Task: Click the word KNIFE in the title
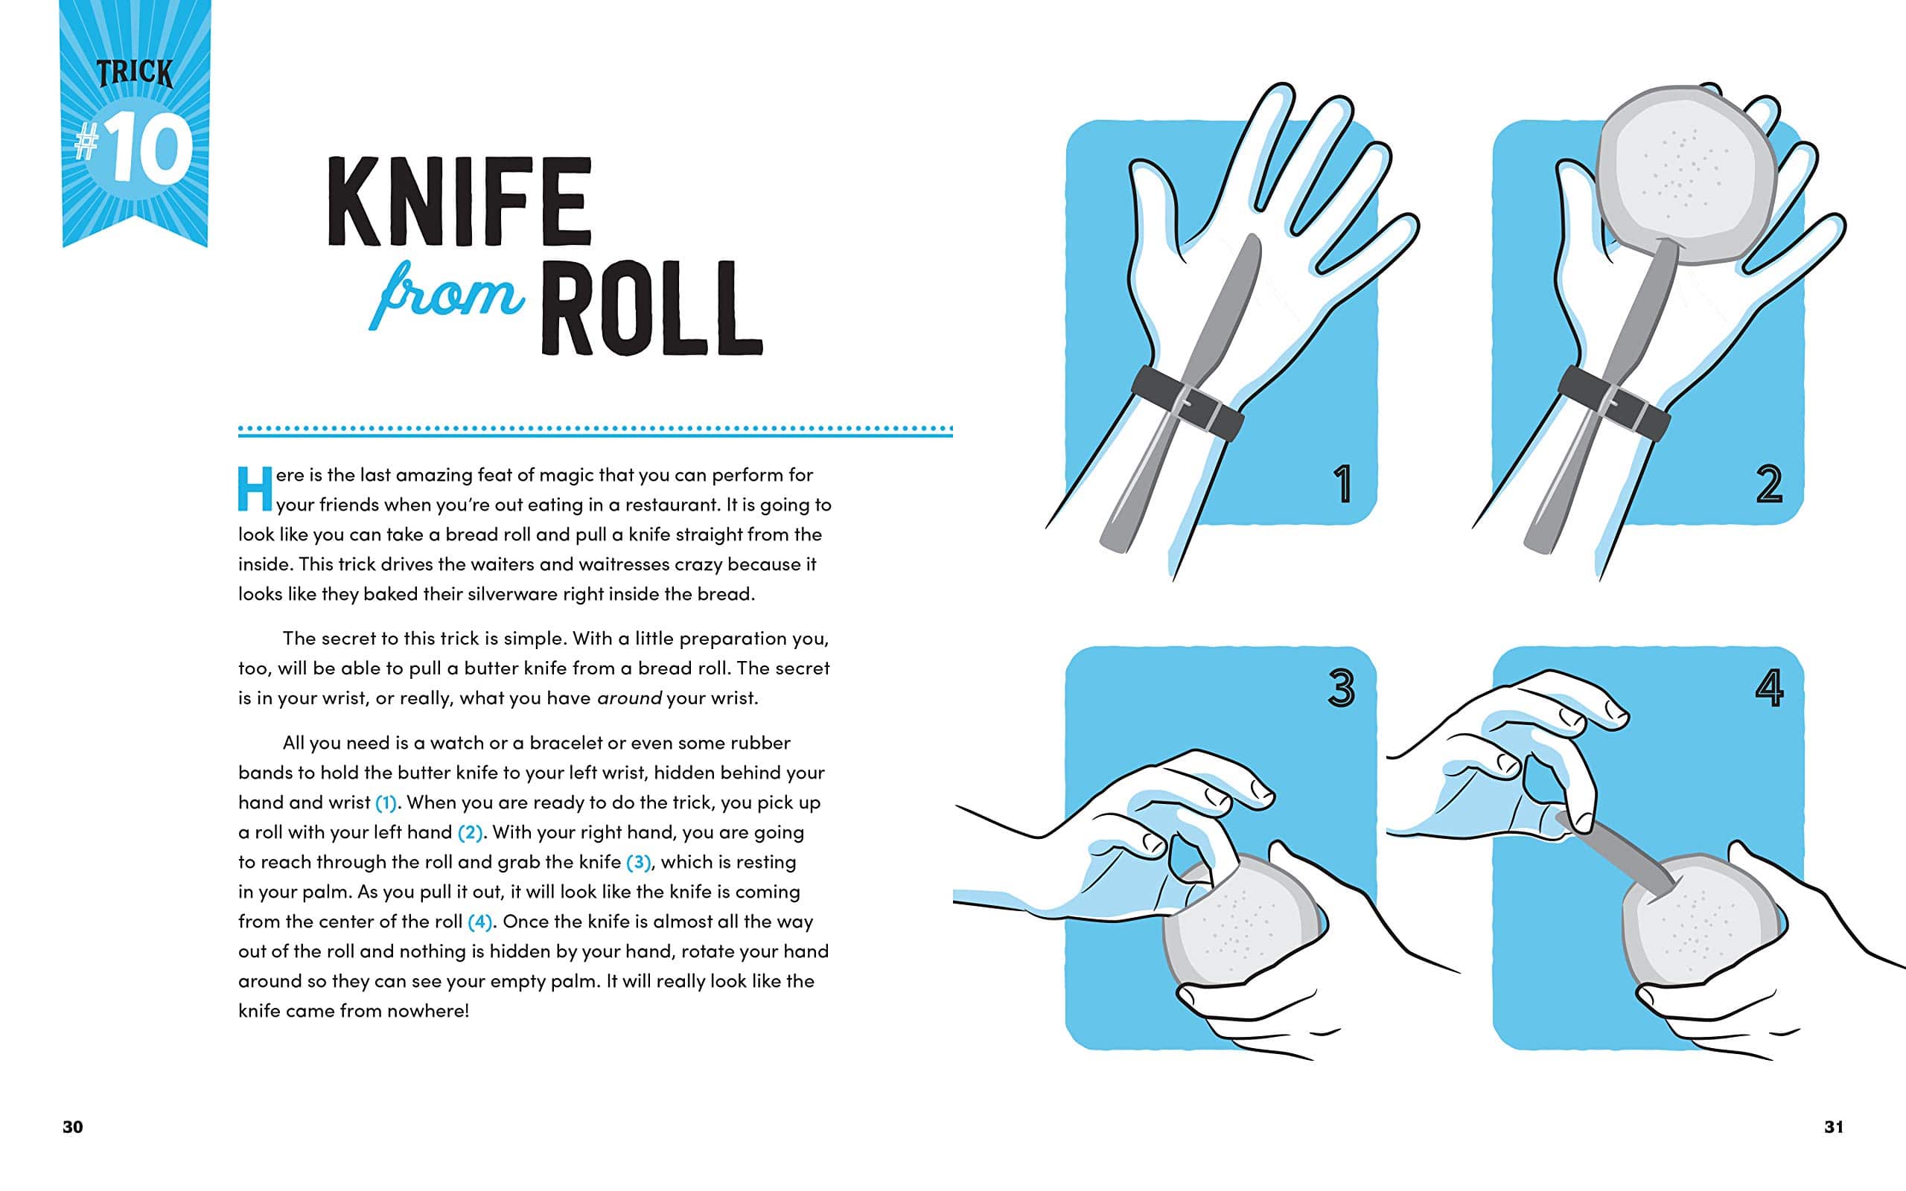(459, 202)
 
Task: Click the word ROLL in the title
(651, 308)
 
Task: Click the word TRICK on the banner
(135, 73)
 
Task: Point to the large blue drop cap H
(255, 488)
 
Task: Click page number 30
(72, 1127)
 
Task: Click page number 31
(1834, 1127)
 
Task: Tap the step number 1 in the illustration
(1343, 484)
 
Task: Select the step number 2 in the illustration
(1769, 484)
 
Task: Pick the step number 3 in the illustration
(1342, 688)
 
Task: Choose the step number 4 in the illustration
(1769, 688)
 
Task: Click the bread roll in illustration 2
(1686, 175)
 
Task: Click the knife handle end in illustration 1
(1112, 540)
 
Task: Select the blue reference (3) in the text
(638, 863)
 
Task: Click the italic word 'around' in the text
(629, 699)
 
